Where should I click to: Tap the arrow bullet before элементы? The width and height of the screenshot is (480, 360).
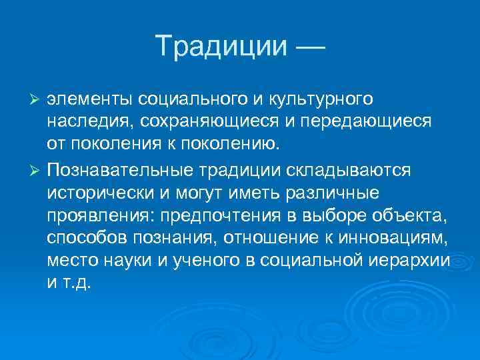(37, 99)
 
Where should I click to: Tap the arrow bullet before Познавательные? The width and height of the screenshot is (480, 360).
(37, 170)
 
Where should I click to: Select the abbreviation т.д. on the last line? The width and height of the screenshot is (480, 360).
(79, 283)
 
